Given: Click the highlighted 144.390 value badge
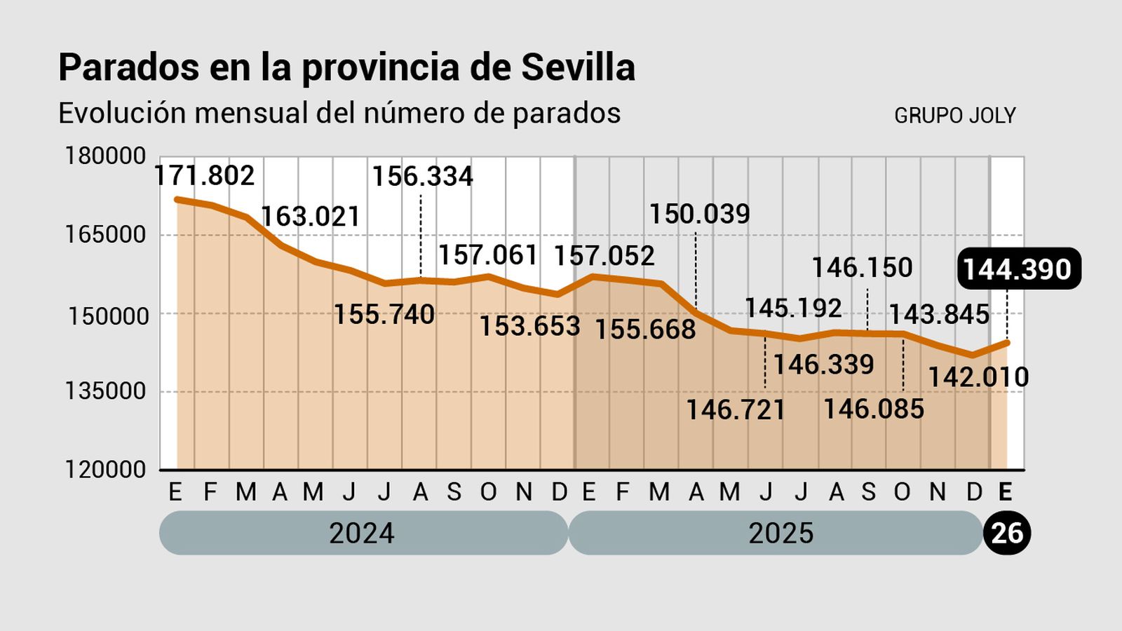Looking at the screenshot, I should coord(1018,269).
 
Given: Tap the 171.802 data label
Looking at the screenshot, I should coord(204,175).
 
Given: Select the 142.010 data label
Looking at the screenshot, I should coord(978,377).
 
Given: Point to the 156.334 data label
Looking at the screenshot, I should coord(422,176).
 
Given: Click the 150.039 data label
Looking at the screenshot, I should coord(699,214).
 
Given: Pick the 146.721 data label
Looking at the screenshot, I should coord(736,409).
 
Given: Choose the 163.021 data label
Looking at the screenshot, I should coord(311,216).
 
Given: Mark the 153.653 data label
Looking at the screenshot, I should coord(529,326).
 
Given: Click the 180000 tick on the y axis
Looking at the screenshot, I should coord(106,156).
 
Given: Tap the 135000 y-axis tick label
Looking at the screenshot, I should coord(106,391).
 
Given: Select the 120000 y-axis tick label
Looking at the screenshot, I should coord(106,469).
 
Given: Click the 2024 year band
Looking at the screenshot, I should coord(363,533).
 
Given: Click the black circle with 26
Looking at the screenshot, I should coord(1007,534).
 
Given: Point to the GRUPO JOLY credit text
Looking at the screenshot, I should coord(954,116).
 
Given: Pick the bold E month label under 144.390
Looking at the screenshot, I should coord(1005,492).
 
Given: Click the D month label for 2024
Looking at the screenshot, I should coord(559,492).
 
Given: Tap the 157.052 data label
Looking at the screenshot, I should coord(604,256).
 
